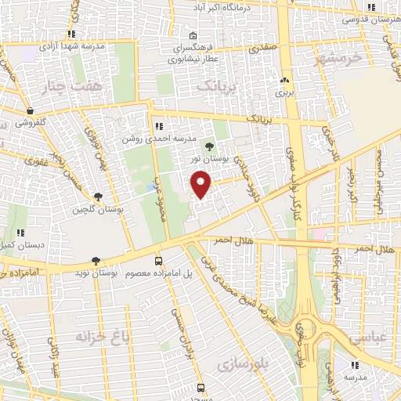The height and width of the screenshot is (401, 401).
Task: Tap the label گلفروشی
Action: [31, 123]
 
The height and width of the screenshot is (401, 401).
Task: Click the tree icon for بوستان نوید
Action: [96, 261]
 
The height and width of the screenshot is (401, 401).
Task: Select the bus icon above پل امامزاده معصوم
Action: [159, 261]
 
